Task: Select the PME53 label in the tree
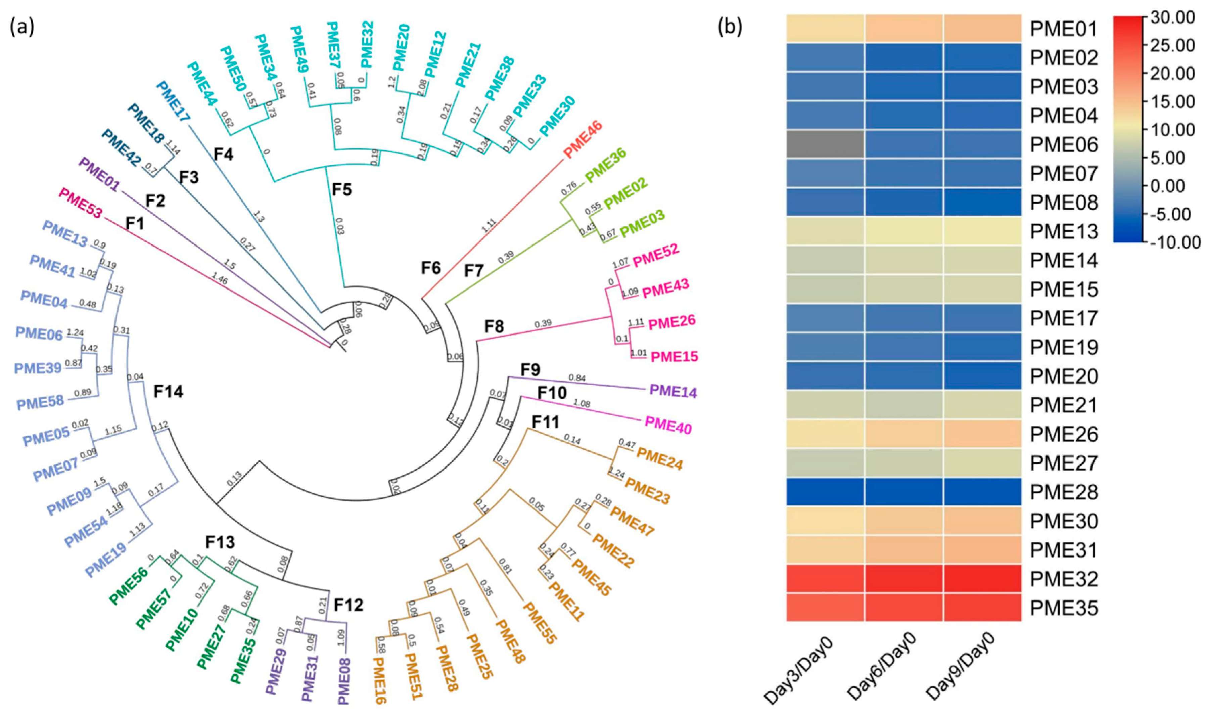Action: click(81, 203)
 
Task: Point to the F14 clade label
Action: click(168, 392)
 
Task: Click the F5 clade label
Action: click(342, 189)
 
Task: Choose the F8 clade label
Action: click(494, 327)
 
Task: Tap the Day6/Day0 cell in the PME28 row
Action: click(903, 491)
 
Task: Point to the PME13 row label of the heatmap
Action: click(1064, 231)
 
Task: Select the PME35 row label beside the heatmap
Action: click(1064, 608)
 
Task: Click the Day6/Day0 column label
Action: click(882, 672)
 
